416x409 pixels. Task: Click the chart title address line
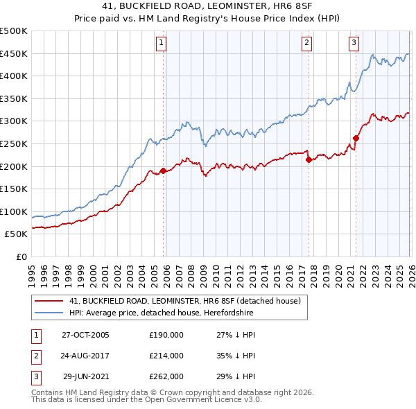tap(208, 6)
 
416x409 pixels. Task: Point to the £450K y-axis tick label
tap(14, 53)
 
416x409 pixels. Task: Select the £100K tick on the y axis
tap(14, 211)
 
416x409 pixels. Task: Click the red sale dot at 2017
tap(309, 159)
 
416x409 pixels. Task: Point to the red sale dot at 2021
tap(356, 138)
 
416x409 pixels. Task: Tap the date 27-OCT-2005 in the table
tap(85, 335)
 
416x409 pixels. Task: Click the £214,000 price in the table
tap(166, 356)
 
